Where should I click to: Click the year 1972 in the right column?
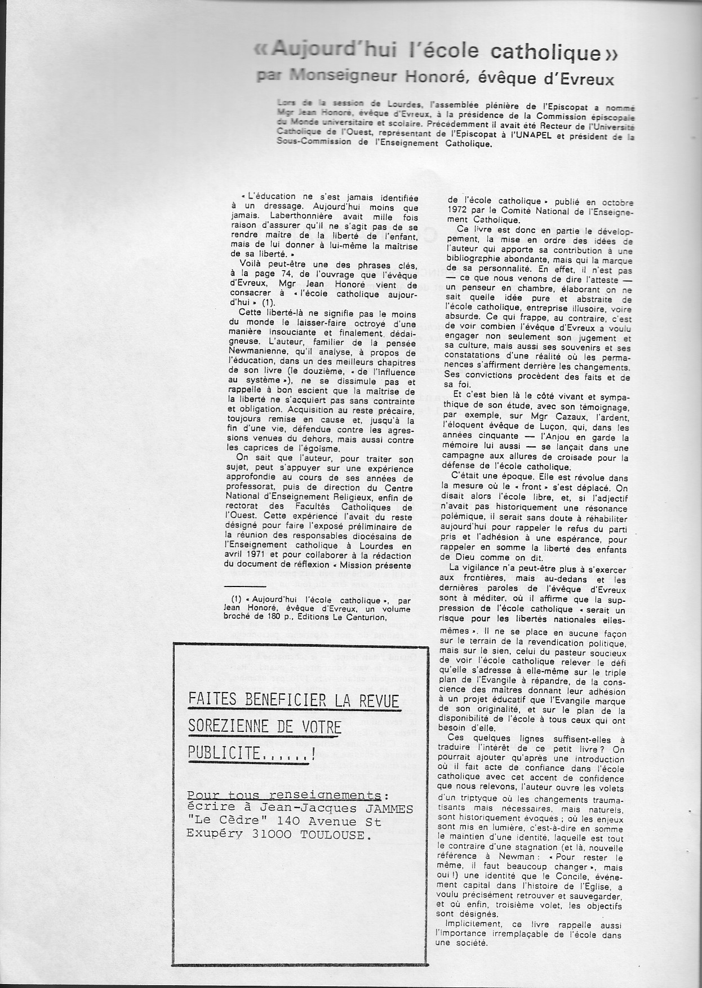click(x=459, y=211)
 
